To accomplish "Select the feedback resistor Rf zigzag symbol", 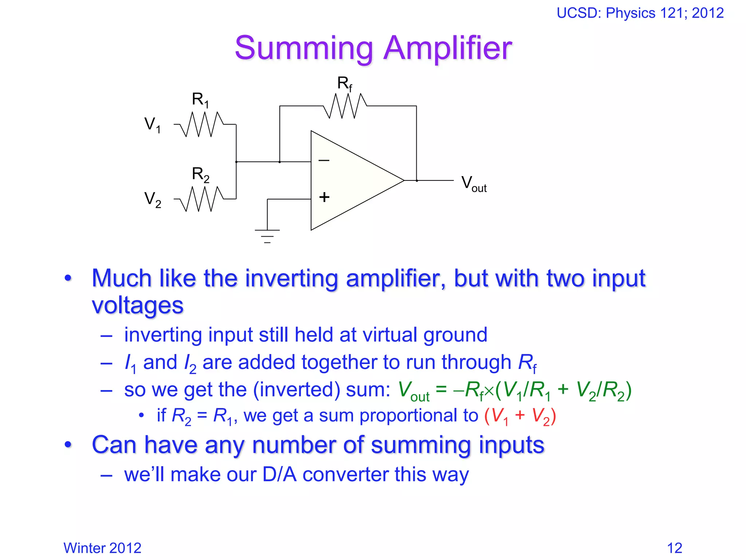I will [345, 106].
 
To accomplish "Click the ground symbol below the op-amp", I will [267, 235].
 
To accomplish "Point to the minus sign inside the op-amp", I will [324, 160].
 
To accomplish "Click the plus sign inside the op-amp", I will [324, 197].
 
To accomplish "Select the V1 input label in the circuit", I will [153, 125].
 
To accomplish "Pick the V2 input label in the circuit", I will [153, 200].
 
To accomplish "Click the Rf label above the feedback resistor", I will [345, 84].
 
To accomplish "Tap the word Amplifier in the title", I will [448, 48].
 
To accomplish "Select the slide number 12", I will [674, 548].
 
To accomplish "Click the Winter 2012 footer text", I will [102, 548].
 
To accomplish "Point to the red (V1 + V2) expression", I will [520, 416].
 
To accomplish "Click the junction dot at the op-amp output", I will [417, 180].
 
